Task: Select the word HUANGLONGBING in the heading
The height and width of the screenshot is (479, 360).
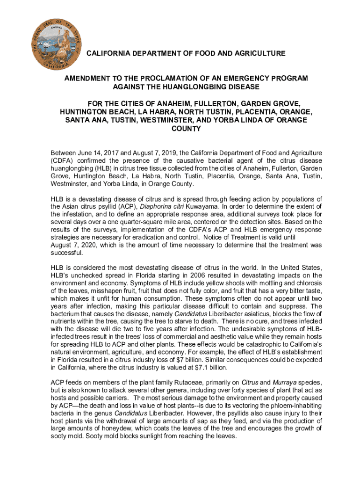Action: click(204, 87)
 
